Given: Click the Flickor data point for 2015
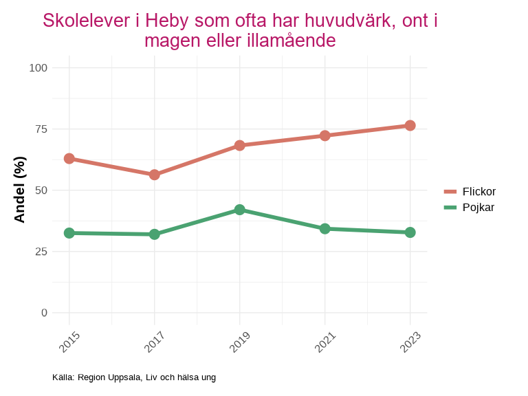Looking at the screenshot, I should pos(69,159).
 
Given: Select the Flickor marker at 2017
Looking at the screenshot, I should pos(155,175).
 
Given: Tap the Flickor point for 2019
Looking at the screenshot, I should pos(239,145).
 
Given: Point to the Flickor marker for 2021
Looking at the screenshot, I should pos(324,135).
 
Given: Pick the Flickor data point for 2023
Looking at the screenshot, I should pos(410,126).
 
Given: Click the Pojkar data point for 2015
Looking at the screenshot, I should pos(69,233).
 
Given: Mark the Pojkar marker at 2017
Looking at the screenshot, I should pos(155,234).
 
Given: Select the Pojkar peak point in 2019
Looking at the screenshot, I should pos(239,210).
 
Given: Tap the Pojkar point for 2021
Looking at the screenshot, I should pos(324,228).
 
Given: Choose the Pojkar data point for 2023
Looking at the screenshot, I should pos(410,232).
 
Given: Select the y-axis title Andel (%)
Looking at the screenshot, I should pos(20,190).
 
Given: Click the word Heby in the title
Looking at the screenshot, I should pos(167,21).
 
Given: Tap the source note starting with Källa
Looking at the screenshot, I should pos(134,377).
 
